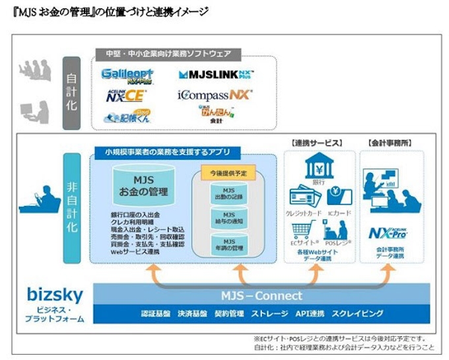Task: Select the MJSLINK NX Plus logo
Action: [215, 75]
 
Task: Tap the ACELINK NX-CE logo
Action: [126, 96]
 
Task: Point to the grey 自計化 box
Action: [71, 93]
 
